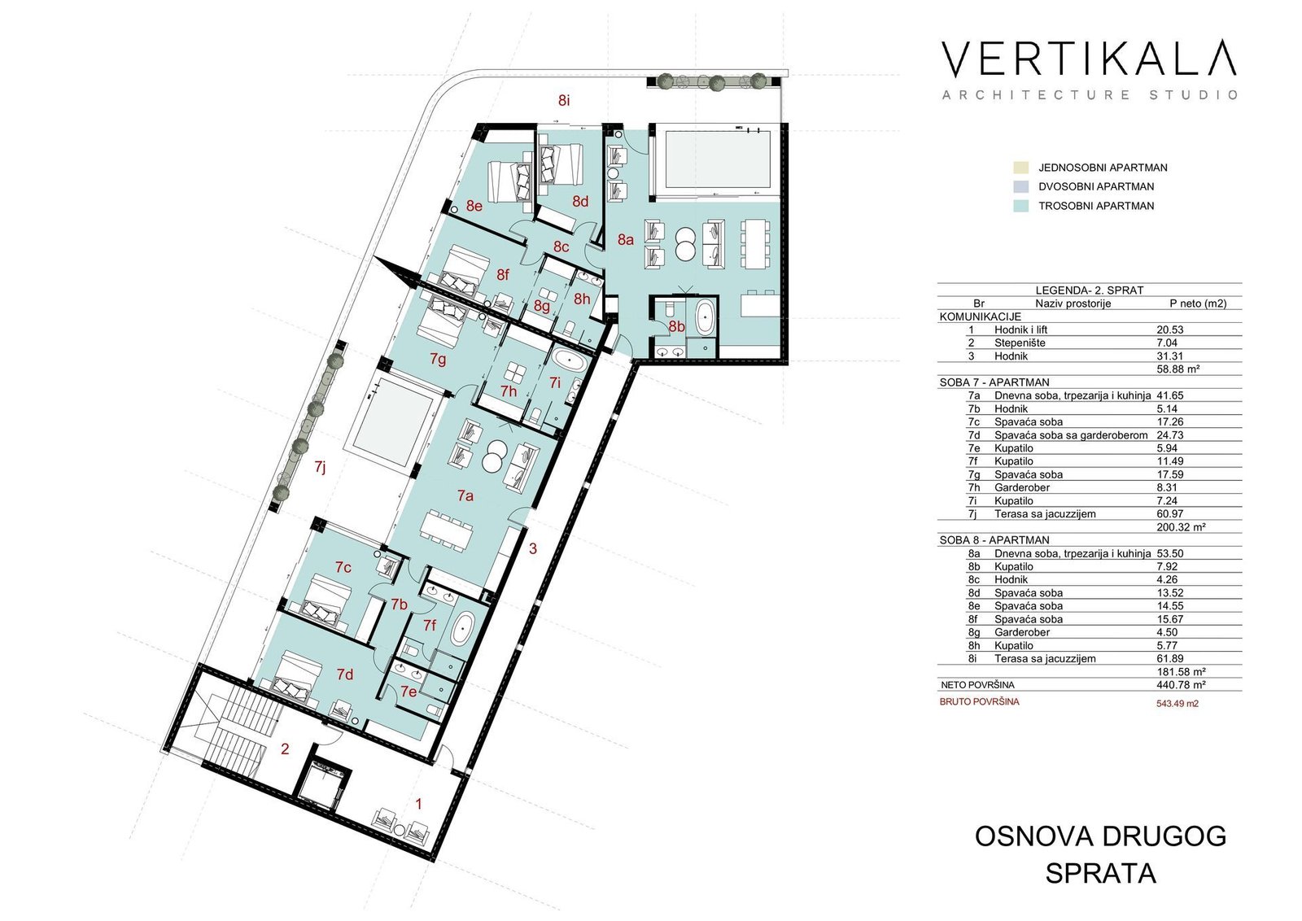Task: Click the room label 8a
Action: (x=626, y=239)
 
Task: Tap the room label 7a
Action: (x=465, y=495)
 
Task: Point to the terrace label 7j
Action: (x=320, y=466)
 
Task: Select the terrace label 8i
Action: (x=564, y=101)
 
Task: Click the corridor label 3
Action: (x=533, y=548)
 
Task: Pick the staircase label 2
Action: (x=285, y=749)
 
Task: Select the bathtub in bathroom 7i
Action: (x=569, y=362)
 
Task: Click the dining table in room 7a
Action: (x=447, y=529)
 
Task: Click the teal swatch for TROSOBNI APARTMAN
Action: (x=1020, y=206)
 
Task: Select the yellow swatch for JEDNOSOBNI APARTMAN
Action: (x=1020, y=168)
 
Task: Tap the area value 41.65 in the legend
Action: (x=1169, y=395)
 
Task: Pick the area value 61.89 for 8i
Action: (x=1169, y=659)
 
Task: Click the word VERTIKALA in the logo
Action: (x=1090, y=59)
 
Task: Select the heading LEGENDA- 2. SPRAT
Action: (x=1090, y=290)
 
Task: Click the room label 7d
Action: (x=345, y=674)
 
